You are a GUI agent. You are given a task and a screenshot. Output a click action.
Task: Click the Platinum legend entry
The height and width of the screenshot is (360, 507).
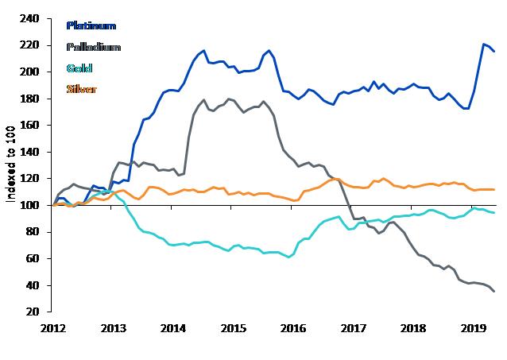tap(91, 26)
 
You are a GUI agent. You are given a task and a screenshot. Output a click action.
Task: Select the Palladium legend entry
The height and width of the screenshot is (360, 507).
tap(92, 47)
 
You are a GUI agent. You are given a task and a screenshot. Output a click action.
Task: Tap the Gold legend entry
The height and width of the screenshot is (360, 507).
tap(78, 68)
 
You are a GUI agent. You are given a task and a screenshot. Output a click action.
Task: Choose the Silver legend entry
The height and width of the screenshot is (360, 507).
tap(80, 89)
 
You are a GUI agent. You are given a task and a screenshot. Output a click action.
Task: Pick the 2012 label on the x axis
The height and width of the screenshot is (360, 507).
tap(53, 328)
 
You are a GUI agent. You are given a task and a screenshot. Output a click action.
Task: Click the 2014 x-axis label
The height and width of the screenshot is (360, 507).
tap(173, 328)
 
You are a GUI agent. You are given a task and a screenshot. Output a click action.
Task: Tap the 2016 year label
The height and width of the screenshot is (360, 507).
tap(293, 328)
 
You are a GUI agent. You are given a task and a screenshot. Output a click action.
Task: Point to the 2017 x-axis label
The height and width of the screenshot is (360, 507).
tap(353, 328)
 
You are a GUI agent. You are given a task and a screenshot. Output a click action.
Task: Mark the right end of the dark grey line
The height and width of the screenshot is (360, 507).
tap(494, 291)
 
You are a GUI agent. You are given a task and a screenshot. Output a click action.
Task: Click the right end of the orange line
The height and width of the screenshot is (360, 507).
tap(494, 189)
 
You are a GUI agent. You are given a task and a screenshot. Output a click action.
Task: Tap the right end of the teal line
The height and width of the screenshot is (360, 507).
tap(494, 213)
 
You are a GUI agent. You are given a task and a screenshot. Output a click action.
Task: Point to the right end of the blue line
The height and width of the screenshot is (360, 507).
tap(494, 51)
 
